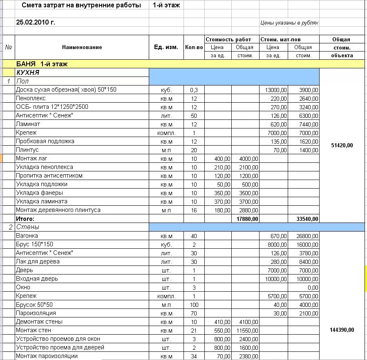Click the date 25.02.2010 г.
(x=36, y=22)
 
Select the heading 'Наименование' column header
(x=82, y=47)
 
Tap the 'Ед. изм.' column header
(x=166, y=47)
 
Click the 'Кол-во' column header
(x=194, y=47)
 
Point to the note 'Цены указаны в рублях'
(x=289, y=23)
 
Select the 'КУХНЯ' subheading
(x=28, y=72)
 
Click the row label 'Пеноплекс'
(x=31, y=98)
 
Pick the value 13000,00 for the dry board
(x=276, y=90)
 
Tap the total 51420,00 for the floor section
(x=341, y=145)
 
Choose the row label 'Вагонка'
(x=27, y=236)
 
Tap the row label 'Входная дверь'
(x=37, y=279)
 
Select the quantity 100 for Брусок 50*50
(x=194, y=305)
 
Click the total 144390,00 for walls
(x=341, y=330)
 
